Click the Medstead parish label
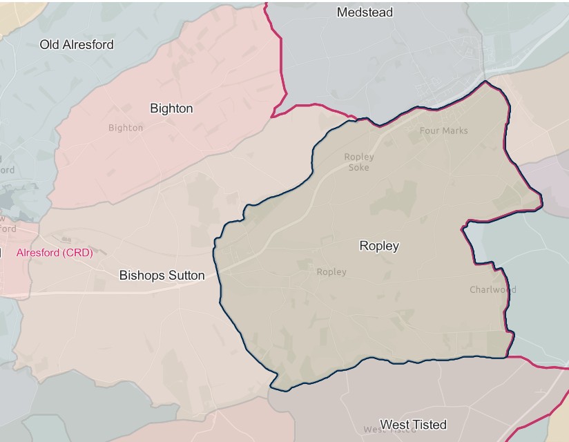coord(365,12)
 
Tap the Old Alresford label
coord(77,44)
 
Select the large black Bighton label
coord(171,108)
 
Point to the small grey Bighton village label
coord(126,128)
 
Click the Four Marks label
coord(443,131)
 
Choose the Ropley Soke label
coord(359,162)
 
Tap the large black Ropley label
coord(379,246)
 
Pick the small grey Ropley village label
coord(331,272)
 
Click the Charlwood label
coord(492,289)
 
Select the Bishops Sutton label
coord(162,276)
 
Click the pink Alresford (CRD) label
coord(55,253)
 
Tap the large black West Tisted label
coord(413,424)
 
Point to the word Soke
coord(359,167)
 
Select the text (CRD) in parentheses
coord(77,253)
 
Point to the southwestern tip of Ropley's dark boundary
coord(271,387)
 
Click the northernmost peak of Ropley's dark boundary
coord(486,81)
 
